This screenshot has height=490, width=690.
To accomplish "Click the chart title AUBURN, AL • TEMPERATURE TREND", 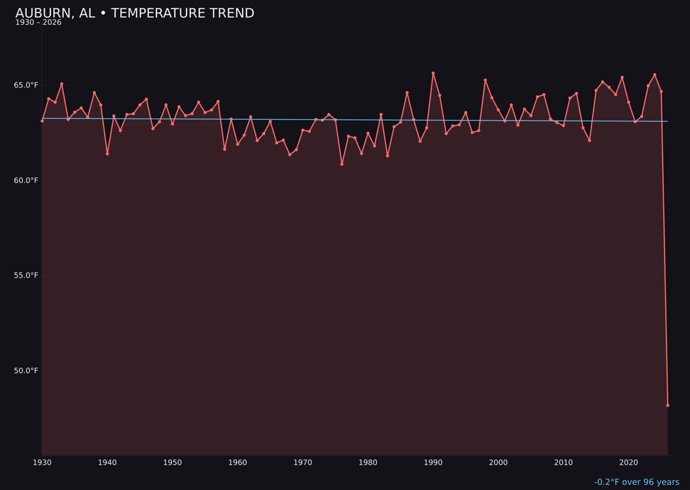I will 135,13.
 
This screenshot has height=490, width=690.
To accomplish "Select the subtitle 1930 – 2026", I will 38,23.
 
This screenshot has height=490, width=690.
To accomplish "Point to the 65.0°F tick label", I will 27,85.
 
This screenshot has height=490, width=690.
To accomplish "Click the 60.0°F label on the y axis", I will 27,181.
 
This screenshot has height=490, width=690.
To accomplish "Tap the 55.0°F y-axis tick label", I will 27,276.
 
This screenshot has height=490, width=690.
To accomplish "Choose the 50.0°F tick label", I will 27,371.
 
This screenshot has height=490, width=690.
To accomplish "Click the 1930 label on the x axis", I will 42,463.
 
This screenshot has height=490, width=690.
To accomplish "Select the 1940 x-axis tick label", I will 107,463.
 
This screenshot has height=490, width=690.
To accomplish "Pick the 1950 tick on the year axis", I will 172,463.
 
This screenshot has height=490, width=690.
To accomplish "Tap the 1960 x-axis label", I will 238,463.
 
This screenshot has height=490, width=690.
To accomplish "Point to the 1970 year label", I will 303,463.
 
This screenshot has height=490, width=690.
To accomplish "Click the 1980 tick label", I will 368,463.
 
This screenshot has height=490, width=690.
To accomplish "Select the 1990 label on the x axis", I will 433,463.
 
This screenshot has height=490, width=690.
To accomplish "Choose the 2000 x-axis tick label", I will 498,463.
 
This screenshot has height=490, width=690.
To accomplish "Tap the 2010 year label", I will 563,463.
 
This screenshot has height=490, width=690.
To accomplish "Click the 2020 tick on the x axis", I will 629,463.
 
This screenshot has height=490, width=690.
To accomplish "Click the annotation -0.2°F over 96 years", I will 636,482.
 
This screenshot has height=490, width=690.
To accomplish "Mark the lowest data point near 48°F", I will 668,405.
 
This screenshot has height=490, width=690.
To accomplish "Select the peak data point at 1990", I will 433,73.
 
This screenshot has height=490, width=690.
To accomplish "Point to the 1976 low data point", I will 342,164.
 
